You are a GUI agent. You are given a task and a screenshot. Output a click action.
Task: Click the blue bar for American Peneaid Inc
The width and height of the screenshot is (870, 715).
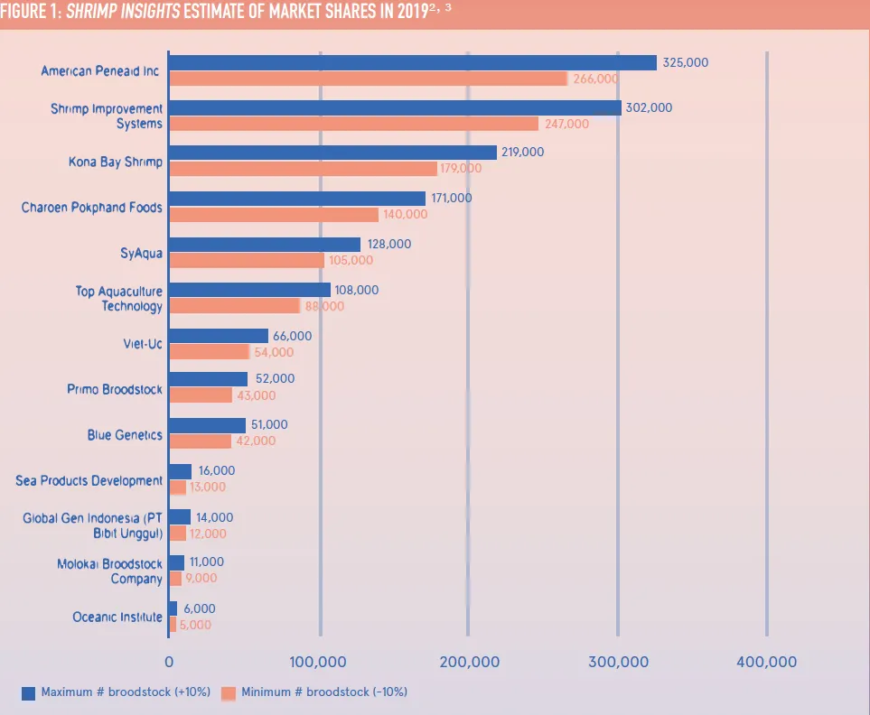pos(412,62)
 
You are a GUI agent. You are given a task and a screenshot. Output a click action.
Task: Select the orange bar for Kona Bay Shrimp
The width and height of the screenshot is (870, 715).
pos(303,169)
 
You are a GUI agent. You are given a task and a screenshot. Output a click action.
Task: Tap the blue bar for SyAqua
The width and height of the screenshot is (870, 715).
pos(265,245)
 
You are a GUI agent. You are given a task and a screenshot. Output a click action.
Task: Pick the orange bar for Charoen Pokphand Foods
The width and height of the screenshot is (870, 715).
pos(274,215)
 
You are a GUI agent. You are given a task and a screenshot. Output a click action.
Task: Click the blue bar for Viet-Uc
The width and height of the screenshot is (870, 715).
pos(219,336)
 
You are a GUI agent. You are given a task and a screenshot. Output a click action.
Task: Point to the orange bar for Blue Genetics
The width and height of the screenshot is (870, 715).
pos(201,441)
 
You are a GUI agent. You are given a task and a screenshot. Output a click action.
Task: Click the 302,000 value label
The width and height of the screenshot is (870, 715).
pos(650,107)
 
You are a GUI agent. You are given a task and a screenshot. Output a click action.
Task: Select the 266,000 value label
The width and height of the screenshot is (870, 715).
pos(595,79)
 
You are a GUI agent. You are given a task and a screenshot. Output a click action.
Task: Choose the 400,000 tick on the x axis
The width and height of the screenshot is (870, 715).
pos(766,662)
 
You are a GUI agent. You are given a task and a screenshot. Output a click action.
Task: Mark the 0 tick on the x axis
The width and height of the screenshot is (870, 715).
pos(169,662)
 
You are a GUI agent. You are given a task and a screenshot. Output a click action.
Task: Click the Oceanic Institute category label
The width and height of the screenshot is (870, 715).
pos(117,617)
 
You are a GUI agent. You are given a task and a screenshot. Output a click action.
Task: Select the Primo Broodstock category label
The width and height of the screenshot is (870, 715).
pos(115,389)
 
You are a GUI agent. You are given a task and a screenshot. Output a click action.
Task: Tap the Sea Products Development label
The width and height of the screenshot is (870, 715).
pos(89,480)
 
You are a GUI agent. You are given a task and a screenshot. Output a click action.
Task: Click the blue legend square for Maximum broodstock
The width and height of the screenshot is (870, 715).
pos(28,692)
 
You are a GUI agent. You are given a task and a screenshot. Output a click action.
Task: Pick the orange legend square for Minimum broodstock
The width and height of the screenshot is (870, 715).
pos(229,692)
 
